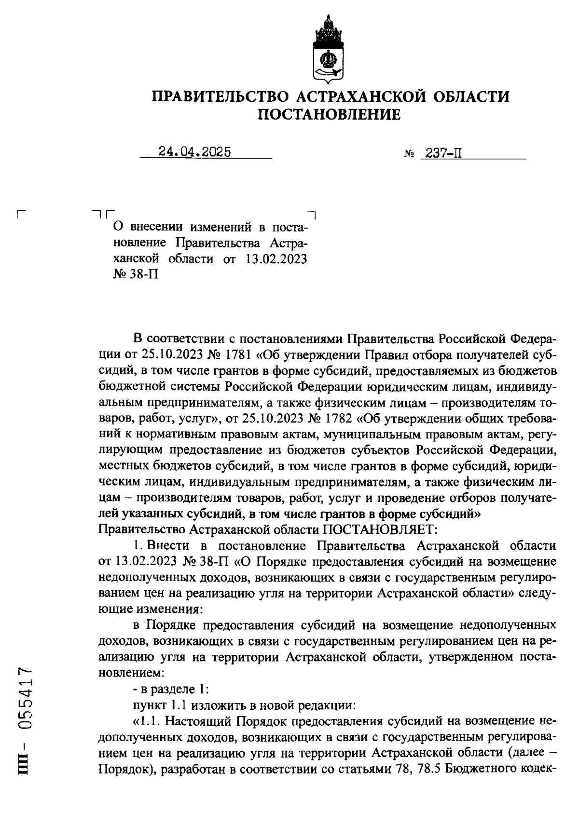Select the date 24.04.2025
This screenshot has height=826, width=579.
coord(195,152)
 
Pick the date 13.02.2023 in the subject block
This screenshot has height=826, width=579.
coord(276,259)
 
